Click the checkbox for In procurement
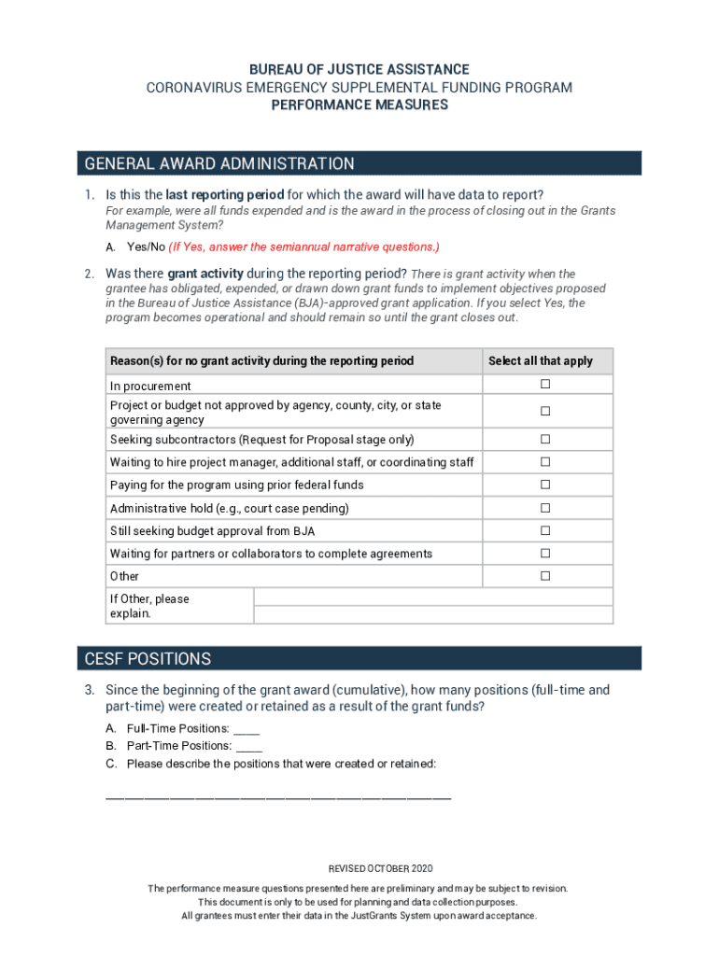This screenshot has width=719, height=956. [544, 385]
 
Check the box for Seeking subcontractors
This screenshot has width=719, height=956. [544, 439]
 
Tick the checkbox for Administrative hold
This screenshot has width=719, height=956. [544, 508]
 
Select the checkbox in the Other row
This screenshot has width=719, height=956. [544, 576]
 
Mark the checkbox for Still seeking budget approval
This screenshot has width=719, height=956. [544, 530]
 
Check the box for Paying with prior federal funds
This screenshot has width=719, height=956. [544, 485]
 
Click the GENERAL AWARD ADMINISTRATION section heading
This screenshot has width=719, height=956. [219, 164]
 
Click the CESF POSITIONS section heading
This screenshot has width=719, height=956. [148, 659]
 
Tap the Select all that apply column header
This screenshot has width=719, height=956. [540, 360]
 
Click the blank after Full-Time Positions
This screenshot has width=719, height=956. [247, 729]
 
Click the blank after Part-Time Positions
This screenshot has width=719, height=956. [249, 747]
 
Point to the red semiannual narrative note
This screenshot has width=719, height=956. [303, 246]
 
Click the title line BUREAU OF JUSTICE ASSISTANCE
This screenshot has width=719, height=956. [359, 70]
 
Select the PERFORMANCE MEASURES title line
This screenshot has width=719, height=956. [359, 105]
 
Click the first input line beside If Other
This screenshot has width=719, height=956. [433, 597]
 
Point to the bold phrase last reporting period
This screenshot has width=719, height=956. [224, 195]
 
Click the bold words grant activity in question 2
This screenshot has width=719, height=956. [205, 274]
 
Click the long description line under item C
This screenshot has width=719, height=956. [278, 796]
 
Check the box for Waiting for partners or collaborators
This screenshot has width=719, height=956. [544, 554]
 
